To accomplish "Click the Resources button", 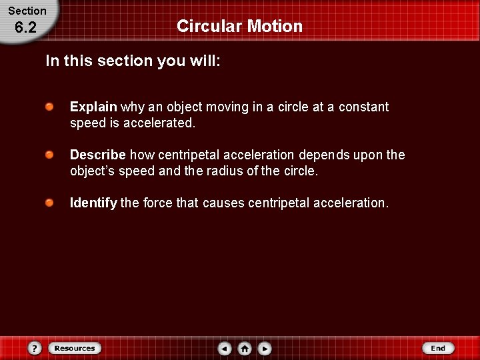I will point(74,348).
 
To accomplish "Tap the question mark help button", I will point(35,348).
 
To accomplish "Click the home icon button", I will point(245,348).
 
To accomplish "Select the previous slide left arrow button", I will point(225,348).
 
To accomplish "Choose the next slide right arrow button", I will point(265,348).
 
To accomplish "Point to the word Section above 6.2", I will point(27,11).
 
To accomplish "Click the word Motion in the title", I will point(275,26).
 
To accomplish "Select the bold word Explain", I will point(93,107).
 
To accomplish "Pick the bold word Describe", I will point(97,155).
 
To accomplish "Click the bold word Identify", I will point(93,203).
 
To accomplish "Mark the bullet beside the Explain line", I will point(50,107).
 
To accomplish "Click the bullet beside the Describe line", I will point(50,155).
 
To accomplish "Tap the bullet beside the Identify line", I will point(50,202).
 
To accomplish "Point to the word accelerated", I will point(159,123).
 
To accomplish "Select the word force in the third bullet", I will point(158,203).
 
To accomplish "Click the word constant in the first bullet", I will point(363,107).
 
